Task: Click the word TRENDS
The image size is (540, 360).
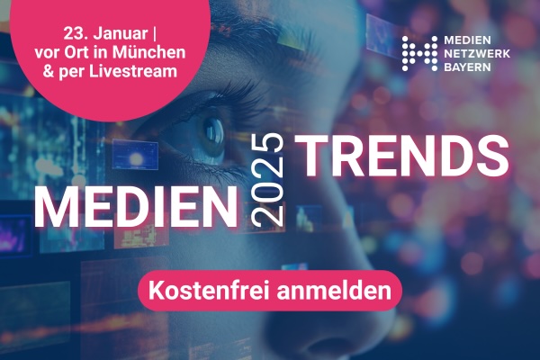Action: point(401,156)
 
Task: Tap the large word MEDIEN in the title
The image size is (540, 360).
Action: point(136,207)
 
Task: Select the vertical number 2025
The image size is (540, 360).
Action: point(267,179)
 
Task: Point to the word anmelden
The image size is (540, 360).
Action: point(334,291)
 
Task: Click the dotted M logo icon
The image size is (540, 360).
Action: point(419,54)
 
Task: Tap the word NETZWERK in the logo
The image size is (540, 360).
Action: point(477,54)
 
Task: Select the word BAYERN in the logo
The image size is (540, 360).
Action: point(467,67)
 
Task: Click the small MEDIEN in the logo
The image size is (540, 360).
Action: point(467,40)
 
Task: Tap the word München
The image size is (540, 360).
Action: point(148,52)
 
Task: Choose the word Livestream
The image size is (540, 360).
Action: point(133,71)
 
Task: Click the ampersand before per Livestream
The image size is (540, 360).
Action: point(49,72)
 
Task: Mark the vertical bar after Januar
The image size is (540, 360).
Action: point(154,34)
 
